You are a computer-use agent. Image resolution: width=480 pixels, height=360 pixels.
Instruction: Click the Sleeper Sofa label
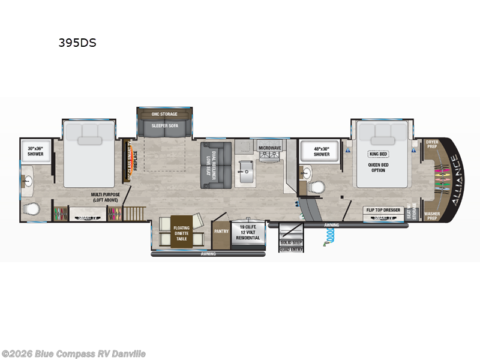pos(164,127)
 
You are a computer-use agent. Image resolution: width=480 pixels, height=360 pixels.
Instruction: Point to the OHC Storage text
pos(164,113)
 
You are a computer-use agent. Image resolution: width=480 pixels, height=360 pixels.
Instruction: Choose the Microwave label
pos(270,147)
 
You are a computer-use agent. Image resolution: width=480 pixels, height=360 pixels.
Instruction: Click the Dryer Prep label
pos(432,145)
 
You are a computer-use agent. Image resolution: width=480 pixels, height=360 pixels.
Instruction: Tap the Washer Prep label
pos(432,215)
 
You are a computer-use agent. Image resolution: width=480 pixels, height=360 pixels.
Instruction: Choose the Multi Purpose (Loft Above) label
pos(106,198)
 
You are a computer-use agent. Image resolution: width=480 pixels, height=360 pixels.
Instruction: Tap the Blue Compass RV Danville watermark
pos(74,353)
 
